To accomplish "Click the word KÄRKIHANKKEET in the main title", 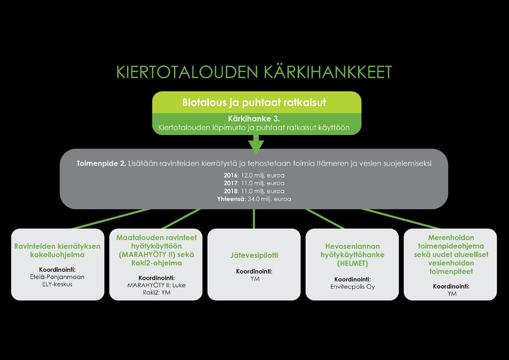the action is click(328, 72).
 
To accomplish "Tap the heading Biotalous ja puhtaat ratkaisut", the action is click(254, 102).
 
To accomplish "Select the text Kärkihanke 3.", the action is click(254, 119).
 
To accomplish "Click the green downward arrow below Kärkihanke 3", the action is click(256, 144).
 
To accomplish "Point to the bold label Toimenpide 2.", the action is click(101, 163).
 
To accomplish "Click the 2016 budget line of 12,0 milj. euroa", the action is click(254, 176).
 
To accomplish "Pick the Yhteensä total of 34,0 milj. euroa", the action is click(254, 199).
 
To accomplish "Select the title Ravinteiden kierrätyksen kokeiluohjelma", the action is click(58, 251).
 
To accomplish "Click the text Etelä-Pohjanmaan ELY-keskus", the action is click(58, 280).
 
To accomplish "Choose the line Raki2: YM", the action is click(157, 292).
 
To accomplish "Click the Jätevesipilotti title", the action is click(254, 255).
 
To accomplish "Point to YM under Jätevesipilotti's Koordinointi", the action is click(255, 279).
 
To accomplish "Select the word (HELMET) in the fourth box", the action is click(352, 263).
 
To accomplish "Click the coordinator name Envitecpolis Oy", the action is click(352, 287).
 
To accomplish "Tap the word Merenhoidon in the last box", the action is click(451, 238).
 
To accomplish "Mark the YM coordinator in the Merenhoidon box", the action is click(452, 294).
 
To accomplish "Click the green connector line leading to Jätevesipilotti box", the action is click(254, 219).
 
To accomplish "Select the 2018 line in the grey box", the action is click(254, 191).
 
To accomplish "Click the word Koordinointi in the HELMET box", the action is click(352, 279).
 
